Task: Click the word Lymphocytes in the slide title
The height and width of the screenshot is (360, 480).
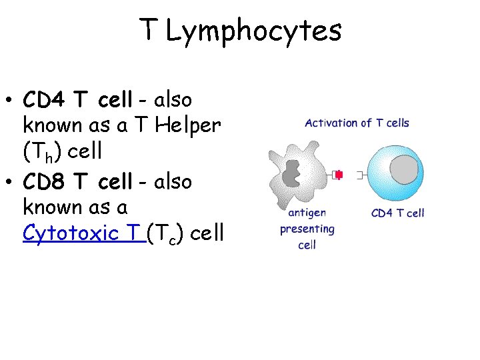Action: [253, 31]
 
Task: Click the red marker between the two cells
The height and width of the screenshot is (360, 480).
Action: [339, 175]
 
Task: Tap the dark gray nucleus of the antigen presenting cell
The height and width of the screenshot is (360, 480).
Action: [291, 173]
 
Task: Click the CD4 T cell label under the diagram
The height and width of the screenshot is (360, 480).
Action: [397, 213]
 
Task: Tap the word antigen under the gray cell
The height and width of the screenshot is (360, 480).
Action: [307, 213]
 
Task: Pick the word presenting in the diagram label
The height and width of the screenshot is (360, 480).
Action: [307, 229]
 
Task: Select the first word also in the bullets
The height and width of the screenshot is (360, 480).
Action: [173, 100]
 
